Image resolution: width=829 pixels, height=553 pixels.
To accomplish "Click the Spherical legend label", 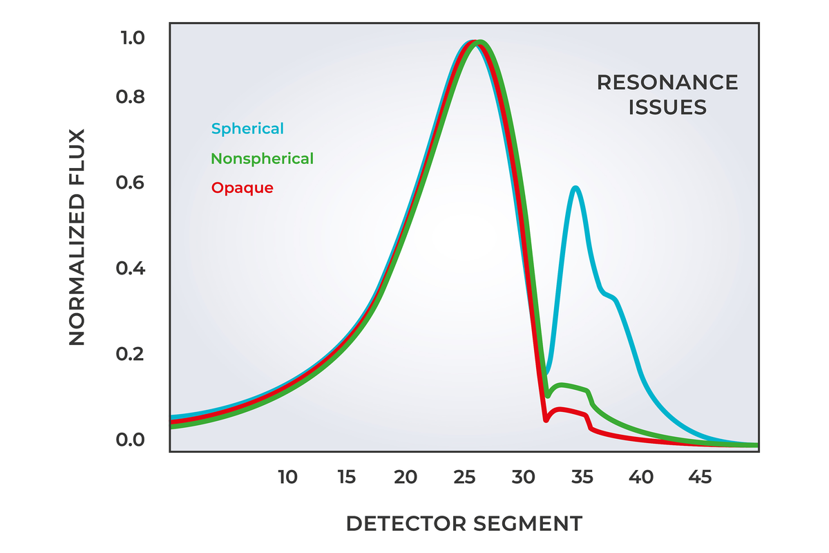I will click(247, 129).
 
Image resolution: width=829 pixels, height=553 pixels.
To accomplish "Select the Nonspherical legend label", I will click(263, 158).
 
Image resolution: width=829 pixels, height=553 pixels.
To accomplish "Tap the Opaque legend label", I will click(242, 188).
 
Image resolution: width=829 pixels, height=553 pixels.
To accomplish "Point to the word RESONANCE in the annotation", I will click(667, 83).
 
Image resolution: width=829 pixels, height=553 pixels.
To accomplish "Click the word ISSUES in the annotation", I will click(667, 108).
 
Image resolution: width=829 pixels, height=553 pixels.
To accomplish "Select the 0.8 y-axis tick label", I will click(132, 97).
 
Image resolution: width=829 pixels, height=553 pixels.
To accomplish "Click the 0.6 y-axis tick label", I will click(132, 183).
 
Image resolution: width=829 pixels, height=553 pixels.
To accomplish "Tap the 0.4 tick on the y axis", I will click(132, 268).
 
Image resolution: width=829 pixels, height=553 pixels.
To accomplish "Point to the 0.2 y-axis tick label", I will click(132, 354).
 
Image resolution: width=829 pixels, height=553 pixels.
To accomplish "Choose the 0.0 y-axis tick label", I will click(132, 440).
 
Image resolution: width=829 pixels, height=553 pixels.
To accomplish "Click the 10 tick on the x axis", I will click(287, 477).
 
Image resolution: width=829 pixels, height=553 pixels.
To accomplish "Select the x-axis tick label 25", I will click(465, 477).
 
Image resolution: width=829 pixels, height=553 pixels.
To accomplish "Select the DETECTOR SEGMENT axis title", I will click(464, 523).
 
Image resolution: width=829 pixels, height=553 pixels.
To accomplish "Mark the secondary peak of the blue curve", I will click(575, 188).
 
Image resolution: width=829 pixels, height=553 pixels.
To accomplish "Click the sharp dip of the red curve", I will click(546, 420).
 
